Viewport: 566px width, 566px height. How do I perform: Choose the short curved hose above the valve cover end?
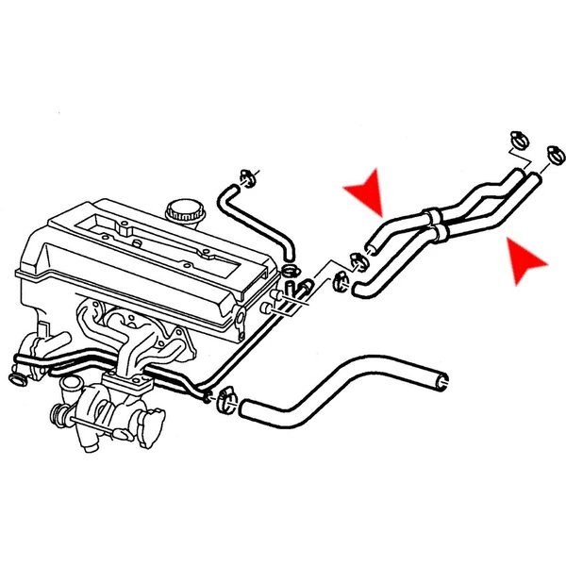click(255, 218)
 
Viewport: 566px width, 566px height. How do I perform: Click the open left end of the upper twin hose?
click(373, 249)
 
